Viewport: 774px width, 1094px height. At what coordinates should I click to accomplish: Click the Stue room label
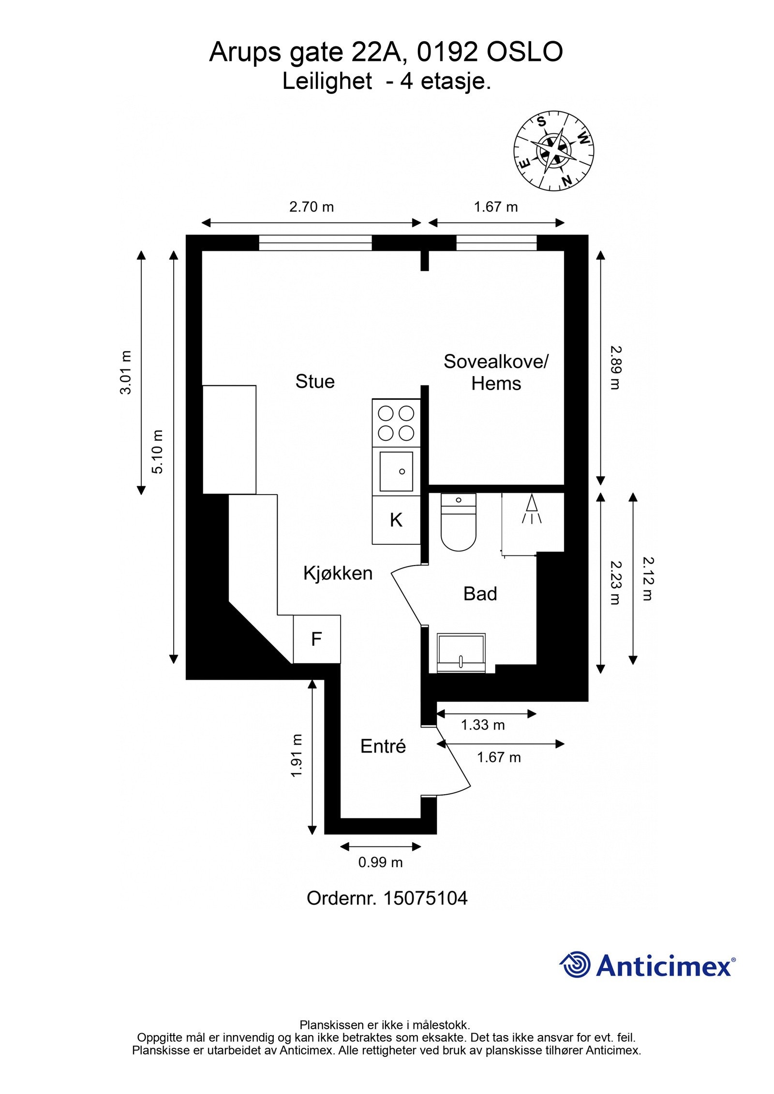315,381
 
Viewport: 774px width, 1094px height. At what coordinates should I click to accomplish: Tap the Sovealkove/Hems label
496,372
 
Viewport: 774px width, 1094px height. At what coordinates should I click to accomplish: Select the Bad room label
480,594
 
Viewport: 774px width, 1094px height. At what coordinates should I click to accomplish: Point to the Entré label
383,746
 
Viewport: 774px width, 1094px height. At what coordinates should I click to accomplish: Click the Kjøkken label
338,573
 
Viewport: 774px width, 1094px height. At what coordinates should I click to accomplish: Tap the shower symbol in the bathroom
532,510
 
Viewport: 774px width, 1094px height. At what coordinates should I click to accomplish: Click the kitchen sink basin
396,471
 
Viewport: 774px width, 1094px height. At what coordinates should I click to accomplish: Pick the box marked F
316,639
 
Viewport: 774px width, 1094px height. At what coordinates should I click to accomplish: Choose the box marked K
396,520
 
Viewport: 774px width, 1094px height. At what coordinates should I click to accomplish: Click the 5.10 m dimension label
158,452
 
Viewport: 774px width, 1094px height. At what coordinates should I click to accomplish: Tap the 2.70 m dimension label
312,207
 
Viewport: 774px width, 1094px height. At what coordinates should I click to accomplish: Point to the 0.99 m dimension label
380,862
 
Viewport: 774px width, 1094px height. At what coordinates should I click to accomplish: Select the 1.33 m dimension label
482,725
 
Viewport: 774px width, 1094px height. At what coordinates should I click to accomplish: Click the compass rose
553,152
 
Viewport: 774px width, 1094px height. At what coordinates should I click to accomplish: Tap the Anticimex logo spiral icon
575,964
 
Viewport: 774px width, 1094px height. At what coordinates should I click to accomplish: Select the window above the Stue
315,243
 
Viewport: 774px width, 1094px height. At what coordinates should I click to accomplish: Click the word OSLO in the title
524,52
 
